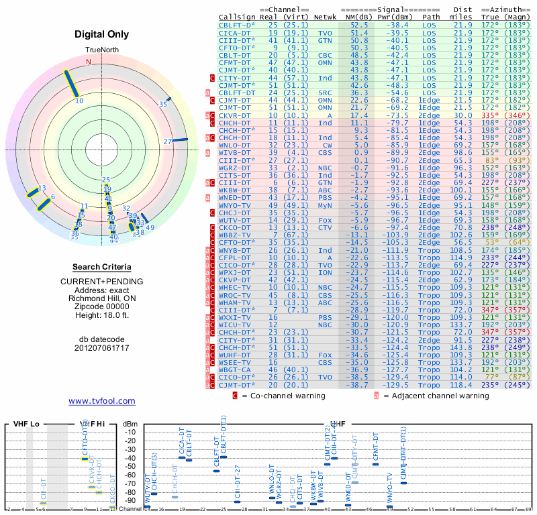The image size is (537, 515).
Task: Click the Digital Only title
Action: click(x=102, y=34)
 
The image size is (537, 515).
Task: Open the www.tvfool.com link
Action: click(x=102, y=401)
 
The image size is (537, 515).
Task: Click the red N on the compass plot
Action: click(x=88, y=62)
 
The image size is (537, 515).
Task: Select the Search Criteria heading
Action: click(x=102, y=267)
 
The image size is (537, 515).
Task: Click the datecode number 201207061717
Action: click(x=102, y=348)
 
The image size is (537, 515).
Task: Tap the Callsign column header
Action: click(x=238, y=16)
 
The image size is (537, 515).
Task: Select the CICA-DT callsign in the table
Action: click(x=235, y=33)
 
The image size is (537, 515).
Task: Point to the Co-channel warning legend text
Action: click(x=283, y=396)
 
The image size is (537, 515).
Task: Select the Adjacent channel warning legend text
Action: click(x=436, y=396)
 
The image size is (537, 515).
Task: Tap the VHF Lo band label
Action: click(x=26, y=424)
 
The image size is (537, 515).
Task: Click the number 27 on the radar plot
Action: click(x=168, y=141)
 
